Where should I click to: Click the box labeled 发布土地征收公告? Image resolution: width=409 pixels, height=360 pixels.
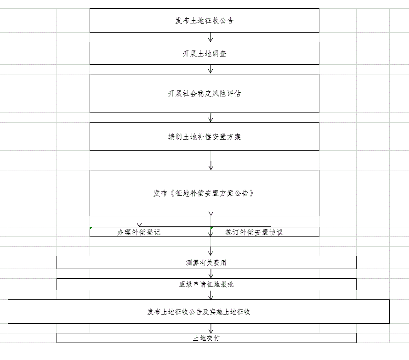point(204,20)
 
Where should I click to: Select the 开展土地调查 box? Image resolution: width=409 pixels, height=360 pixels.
point(204,53)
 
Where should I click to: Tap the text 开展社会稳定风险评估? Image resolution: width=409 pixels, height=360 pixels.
point(204,94)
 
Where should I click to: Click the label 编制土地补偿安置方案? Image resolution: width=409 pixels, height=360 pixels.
point(204,136)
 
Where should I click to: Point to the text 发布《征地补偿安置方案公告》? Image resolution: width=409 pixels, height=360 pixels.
point(204,193)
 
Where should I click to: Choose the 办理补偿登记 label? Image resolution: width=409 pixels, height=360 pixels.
point(138,232)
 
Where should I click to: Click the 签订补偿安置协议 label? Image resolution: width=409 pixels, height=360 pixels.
point(254,232)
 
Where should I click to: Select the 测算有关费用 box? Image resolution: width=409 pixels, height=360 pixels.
point(206,263)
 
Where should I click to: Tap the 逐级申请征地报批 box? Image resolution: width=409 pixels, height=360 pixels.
point(206,284)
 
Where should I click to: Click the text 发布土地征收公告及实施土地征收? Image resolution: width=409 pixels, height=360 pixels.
point(199,312)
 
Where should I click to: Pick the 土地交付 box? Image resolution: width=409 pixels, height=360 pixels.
point(206,338)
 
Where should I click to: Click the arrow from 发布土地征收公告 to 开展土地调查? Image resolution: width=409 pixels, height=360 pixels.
point(210,37)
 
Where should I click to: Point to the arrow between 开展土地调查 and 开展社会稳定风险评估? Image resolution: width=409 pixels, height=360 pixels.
point(210,69)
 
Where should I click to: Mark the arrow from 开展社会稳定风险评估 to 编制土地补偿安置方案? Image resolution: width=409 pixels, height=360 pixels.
point(211,118)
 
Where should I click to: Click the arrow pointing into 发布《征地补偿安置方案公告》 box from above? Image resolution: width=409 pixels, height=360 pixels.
point(211,165)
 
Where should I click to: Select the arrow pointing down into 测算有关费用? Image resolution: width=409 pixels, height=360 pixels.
point(211,251)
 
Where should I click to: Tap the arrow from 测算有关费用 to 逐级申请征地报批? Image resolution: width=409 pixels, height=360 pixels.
point(211,274)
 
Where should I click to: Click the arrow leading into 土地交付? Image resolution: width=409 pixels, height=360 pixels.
point(211,328)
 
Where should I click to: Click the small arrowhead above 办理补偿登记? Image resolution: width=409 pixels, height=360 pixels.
point(139,225)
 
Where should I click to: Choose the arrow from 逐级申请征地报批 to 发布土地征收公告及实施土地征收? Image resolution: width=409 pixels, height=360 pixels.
point(211,295)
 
